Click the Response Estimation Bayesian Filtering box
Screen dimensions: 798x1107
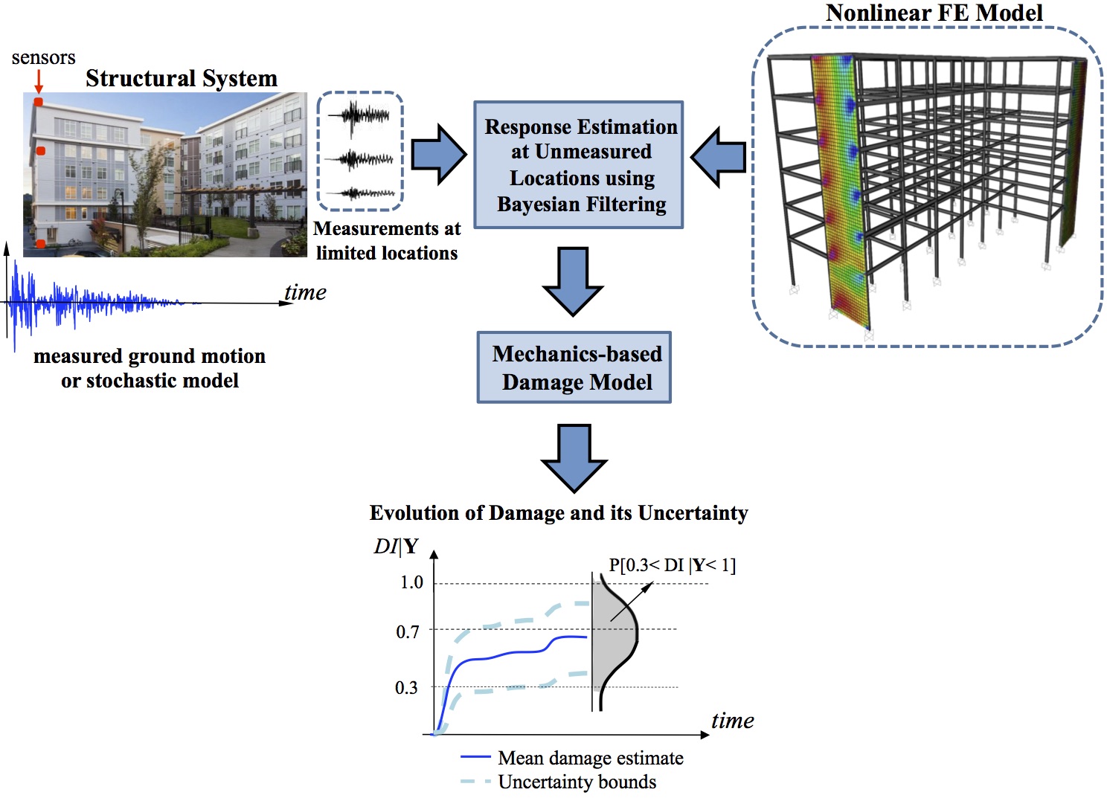[x=578, y=165]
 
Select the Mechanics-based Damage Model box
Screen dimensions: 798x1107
[x=574, y=367]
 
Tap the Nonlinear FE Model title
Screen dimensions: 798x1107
[x=934, y=13]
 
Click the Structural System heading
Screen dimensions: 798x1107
[x=181, y=78]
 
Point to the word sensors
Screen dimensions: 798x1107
[x=43, y=57]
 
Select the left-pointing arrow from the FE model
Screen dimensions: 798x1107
[x=718, y=157]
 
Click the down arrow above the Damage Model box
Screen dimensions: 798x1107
[x=573, y=281]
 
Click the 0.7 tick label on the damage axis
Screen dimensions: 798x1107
[x=408, y=631]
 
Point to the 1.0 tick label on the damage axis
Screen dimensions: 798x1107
[x=411, y=582]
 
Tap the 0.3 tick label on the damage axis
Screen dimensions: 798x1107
[x=406, y=687]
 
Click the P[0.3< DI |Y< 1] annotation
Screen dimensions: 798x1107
[x=672, y=565]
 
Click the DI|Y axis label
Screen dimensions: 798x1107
[x=396, y=547]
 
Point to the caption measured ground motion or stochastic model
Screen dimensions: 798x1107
[x=150, y=368]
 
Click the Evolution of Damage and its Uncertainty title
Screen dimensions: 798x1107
[x=558, y=513]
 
